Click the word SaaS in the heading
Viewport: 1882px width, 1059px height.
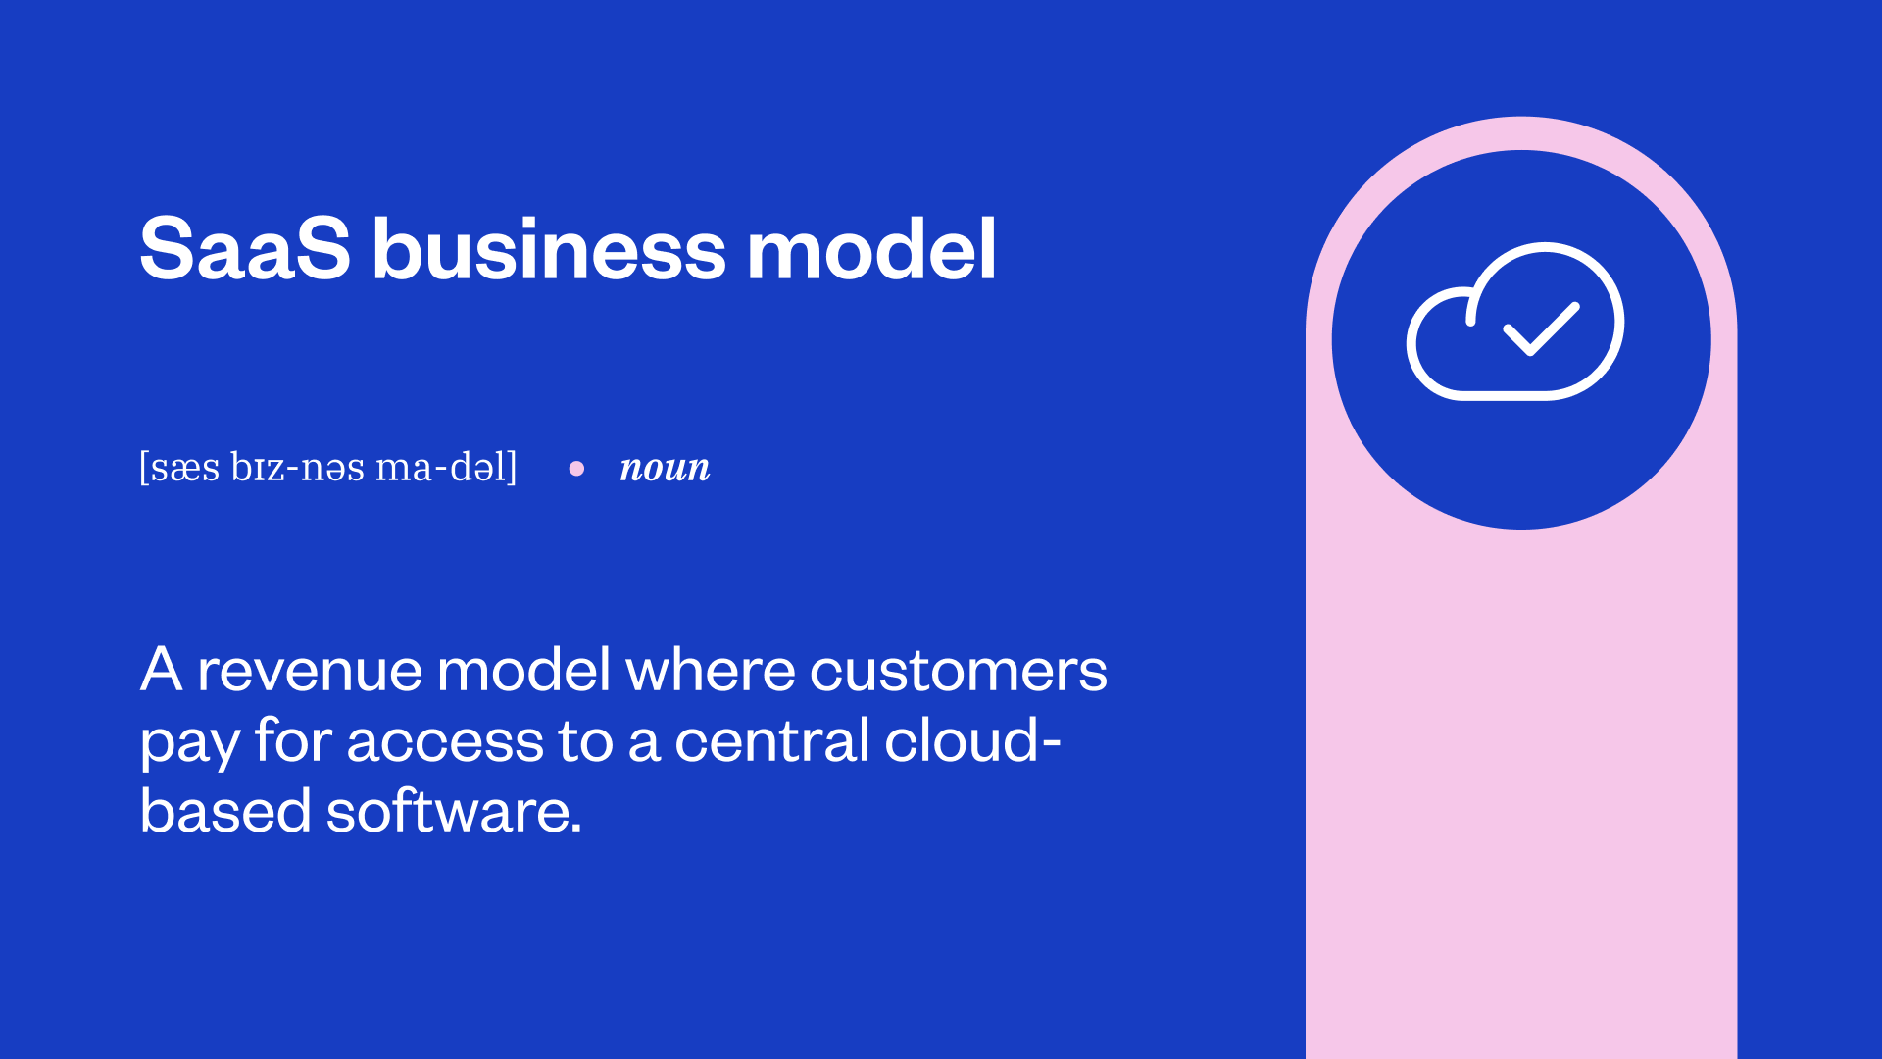pos(244,249)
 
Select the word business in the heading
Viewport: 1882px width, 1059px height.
pos(549,249)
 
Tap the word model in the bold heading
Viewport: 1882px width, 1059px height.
pos(871,249)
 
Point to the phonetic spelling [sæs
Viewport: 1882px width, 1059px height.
pos(179,468)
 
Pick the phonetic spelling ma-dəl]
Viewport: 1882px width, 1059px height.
pos(446,468)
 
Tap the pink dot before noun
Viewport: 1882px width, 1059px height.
pos(576,469)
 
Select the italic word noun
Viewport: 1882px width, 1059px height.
pos(665,468)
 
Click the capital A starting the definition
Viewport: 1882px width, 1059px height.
pos(161,671)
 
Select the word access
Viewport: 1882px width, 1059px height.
pos(445,743)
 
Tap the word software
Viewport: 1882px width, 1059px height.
pos(453,812)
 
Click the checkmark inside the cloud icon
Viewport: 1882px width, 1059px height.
pos(1541,328)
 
